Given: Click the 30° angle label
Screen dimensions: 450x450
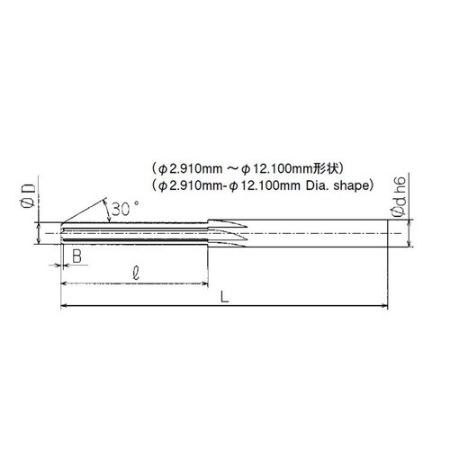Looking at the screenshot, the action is click(x=125, y=209).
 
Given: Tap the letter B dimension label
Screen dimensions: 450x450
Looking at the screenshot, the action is click(x=77, y=256).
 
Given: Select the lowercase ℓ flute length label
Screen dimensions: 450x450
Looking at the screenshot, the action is click(x=136, y=274).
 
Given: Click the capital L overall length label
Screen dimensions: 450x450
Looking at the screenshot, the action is click(x=224, y=296).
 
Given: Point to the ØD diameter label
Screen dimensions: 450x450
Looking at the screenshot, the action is click(x=28, y=196).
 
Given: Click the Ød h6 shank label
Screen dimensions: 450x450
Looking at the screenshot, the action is click(x=400, y=196).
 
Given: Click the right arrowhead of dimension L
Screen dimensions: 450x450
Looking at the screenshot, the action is click(x=384, y=306).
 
